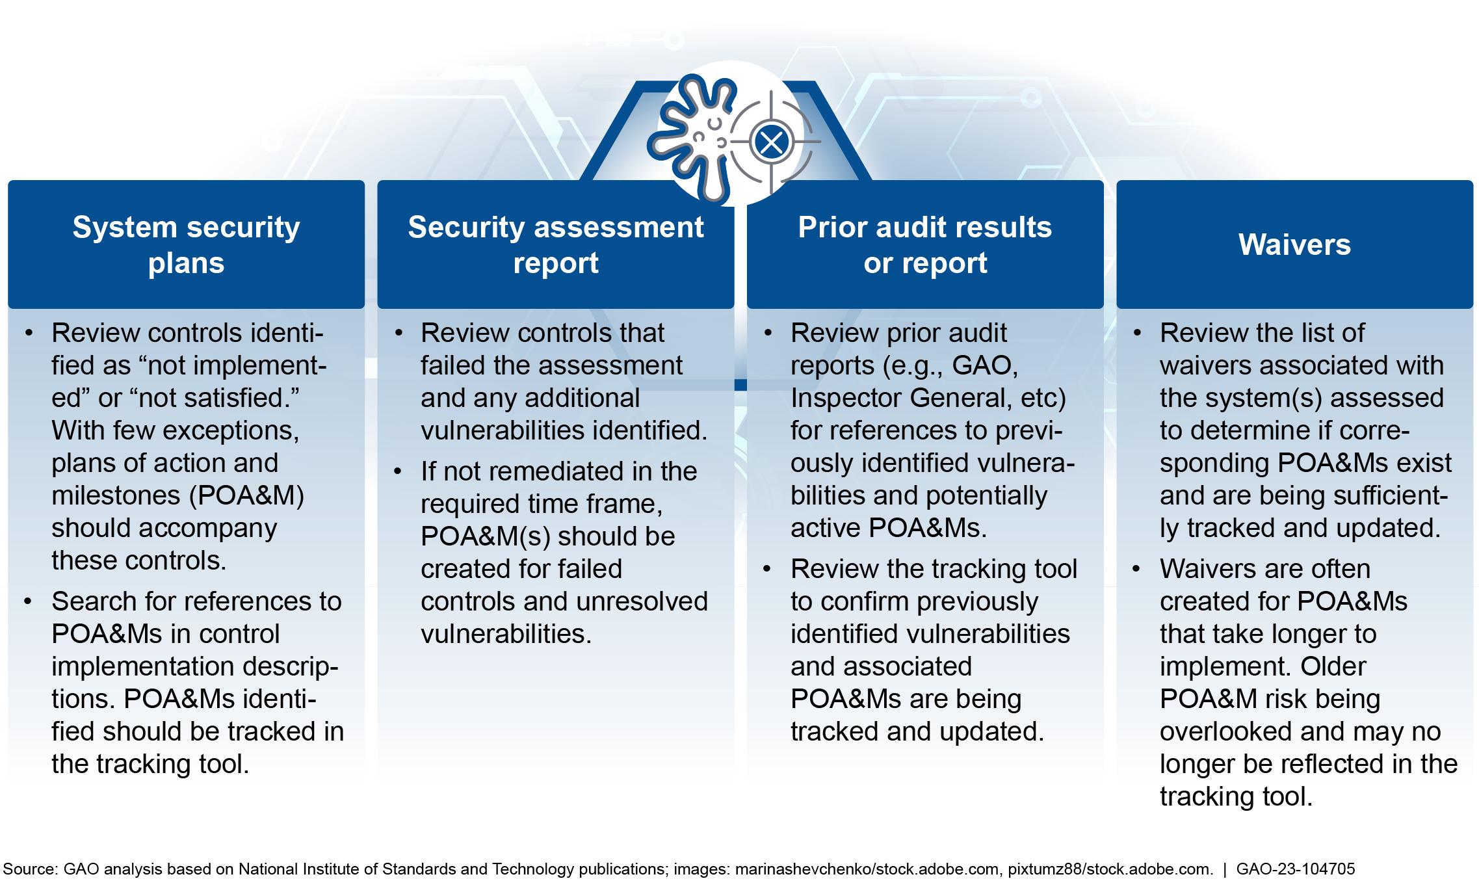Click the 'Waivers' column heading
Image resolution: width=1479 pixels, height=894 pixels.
(1294, 245)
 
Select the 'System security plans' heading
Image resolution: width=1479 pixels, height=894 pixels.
(186, 245)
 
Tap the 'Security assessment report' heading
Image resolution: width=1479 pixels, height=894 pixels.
(556, 245)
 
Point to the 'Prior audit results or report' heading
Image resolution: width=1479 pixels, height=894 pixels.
(925, 245)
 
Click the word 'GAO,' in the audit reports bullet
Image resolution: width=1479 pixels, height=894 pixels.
(985, 366)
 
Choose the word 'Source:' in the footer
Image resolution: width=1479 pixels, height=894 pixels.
(31, 869)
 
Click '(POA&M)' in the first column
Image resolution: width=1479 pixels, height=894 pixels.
(247, 496)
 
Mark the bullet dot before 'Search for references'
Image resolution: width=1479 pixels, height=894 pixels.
(28, 601)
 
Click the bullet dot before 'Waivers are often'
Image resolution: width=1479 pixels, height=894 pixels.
(1136, 568)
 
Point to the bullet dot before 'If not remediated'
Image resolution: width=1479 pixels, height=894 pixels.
(397, 471)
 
